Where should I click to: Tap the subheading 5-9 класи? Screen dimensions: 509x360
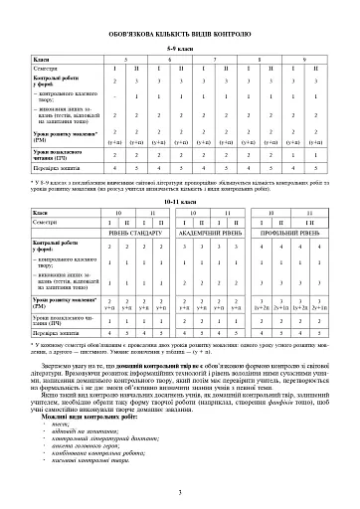click(179, 47)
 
